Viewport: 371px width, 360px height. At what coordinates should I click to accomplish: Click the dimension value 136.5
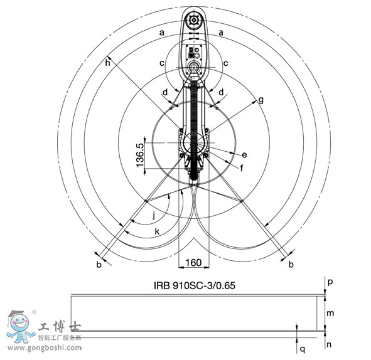[140, 155]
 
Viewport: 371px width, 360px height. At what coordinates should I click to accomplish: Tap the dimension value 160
[193, 262]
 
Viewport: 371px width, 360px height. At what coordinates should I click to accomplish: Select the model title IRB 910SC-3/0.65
[195, 285]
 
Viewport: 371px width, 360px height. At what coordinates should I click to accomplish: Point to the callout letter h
[107, 63]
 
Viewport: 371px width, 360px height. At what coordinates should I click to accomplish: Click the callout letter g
[261, 100]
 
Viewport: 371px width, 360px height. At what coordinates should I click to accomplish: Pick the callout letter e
[244, 155]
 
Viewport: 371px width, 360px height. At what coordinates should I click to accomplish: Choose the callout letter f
[242, 168]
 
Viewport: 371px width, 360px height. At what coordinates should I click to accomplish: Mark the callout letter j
[154, 216]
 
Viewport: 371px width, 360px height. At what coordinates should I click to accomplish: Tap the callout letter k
[157, 231]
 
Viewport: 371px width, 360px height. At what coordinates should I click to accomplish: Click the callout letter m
[330, 313]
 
